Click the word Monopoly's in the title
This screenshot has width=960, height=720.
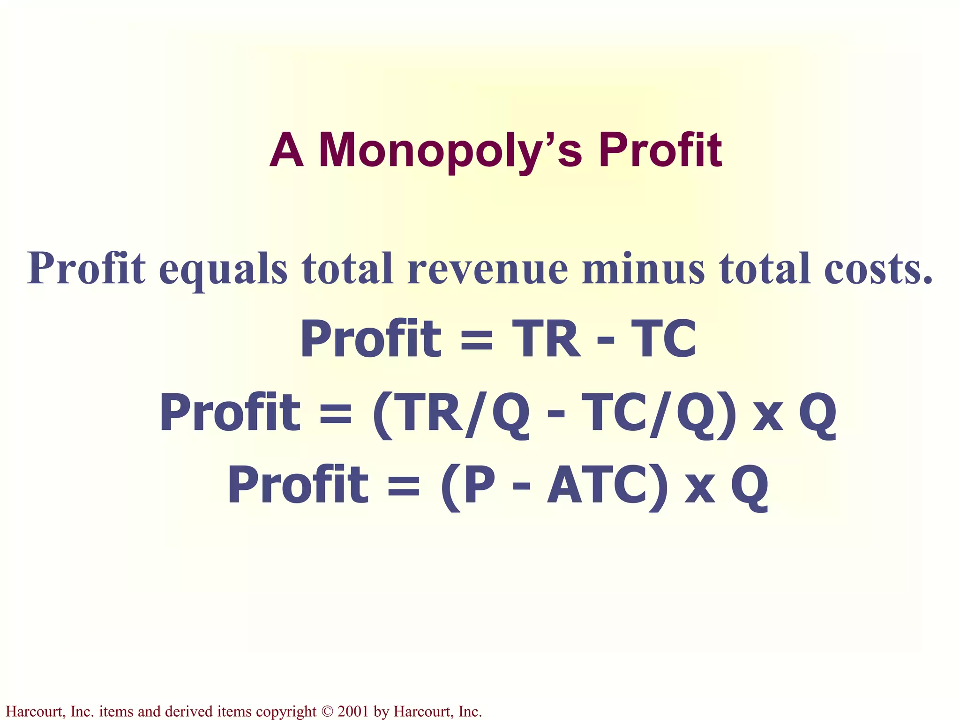click(x=450, y=151)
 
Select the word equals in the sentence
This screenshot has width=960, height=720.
click(x=223, y=269)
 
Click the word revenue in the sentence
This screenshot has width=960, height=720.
click(x=487, y=269)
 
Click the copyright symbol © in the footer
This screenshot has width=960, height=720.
click(x=327, y=712)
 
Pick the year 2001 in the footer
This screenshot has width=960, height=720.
click(x=353, y=712)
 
